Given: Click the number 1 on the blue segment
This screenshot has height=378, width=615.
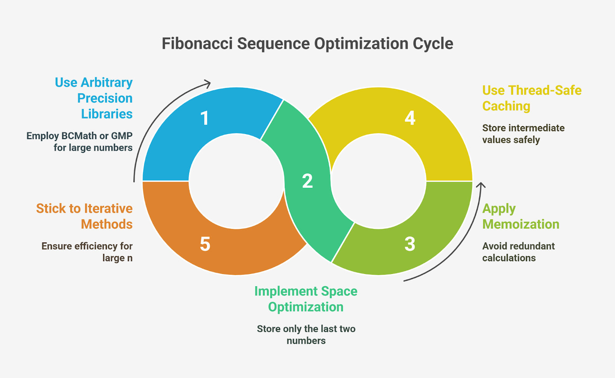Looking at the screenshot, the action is pyautogui.click(x=205, y=118).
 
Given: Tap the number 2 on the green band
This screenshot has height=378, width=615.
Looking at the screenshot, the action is pyautogui.click(x=307, y=181).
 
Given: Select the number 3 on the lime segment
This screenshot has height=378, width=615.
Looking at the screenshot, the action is pyautogui.click(x=410, y=244).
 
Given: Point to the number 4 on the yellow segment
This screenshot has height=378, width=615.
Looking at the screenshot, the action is pyautogui.click(x=410, y=118).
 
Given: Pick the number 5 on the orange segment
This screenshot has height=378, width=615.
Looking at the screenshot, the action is pyautogui.click(x=205, y=244).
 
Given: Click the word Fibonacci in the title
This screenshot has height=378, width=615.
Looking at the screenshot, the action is pyautogui.click(x=197, y=44).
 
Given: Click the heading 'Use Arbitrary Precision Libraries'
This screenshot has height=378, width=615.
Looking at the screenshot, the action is pyautogui.click(x=94, y=98).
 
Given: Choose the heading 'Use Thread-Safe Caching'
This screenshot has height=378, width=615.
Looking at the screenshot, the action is pyautogui.click(x=532, y=98).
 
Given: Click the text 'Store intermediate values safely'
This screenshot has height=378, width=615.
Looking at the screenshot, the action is pyautogui.click(x=523, y=134).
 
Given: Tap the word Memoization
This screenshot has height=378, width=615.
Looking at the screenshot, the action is pyautogui.click(x=521, y=224).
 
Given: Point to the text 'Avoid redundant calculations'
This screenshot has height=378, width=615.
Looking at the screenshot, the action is pyautogui.click(x=519, y=252).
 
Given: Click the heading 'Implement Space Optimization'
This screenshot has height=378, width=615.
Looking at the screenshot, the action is pyautogui.click(x=306, y=299).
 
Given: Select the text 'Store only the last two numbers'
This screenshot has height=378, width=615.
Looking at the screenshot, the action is pyautogui.click(x=306, y=335).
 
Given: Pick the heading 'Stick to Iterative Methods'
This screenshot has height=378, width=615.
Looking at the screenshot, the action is pyautogui.click(x=84, y=216).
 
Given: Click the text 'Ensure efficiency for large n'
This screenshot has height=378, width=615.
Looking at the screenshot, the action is pyautogui.click(x=87, y=252).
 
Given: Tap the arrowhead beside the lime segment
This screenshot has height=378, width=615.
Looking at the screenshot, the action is pyautogui.click(x=481, y=185).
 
